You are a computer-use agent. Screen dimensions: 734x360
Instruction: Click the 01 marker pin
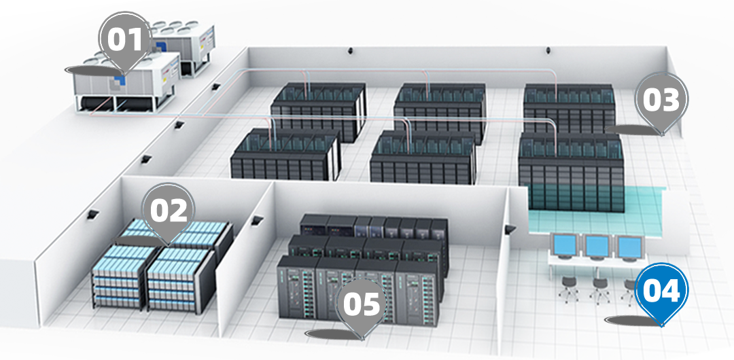click(124, 43)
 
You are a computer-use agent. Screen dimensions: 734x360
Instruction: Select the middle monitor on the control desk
click(597, 247)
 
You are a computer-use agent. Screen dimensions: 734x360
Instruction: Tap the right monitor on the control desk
click(629, 248)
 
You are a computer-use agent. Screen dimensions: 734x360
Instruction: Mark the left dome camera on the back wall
click(350, 50)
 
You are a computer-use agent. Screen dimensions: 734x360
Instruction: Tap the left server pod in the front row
click(285, 154)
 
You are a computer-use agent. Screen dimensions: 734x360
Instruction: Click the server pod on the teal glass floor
click(571, 171)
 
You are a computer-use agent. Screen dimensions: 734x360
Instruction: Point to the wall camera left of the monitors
click(510, 230)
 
